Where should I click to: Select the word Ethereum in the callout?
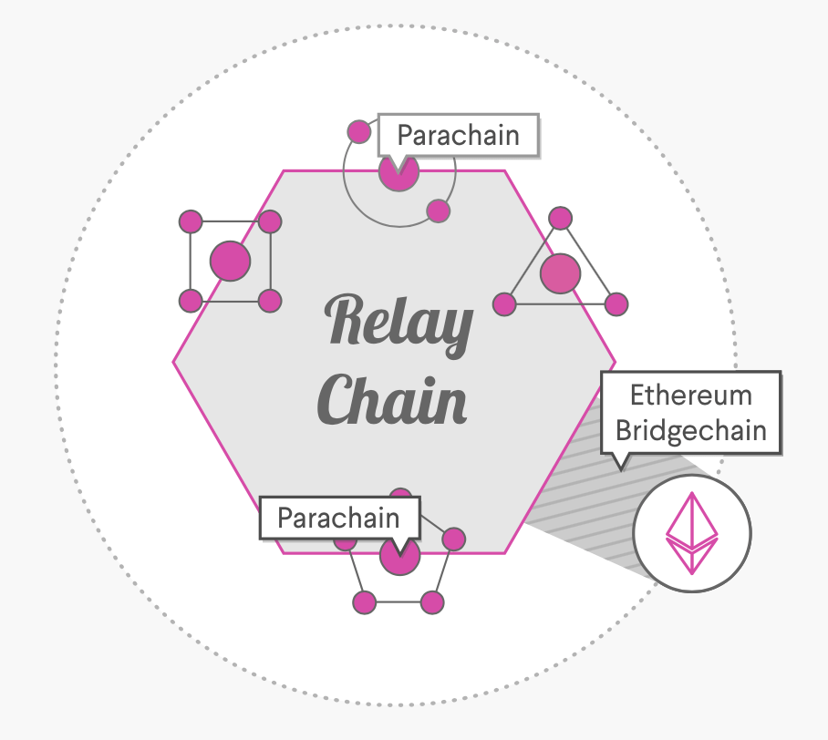691,396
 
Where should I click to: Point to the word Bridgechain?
691,429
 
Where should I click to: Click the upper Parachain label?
458,136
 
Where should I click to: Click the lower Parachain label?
338,519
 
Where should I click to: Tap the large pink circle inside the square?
230,262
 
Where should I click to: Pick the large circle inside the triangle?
560,273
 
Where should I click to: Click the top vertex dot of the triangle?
561,219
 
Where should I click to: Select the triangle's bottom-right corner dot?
616,303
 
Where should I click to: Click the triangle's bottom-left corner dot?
504,303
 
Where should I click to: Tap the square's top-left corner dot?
190,221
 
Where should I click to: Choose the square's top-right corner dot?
270,221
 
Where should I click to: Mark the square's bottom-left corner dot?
190,301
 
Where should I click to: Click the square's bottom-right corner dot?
269,301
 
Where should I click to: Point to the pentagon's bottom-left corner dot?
364,602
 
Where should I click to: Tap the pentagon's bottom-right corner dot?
432,602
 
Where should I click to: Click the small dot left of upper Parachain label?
360,130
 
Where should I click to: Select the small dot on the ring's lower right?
439,211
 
